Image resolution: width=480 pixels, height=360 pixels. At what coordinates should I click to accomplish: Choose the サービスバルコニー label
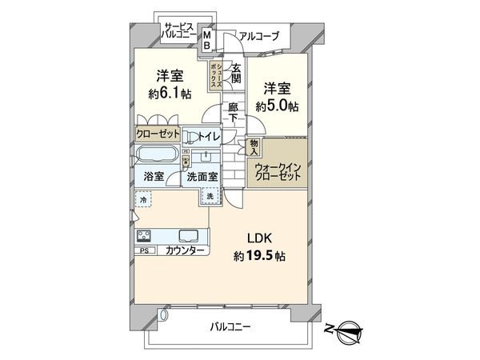point(180,30)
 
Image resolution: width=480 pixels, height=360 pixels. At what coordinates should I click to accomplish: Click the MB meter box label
point(206,39)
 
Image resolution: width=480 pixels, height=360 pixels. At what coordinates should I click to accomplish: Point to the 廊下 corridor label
point(233,113)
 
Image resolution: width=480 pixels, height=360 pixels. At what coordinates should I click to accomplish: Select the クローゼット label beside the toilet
point(158,134)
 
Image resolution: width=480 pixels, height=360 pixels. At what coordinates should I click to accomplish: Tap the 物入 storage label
point(254,146)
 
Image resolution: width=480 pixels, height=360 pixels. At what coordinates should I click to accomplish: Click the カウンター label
point(186,250)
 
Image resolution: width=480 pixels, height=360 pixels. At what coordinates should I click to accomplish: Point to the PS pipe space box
point(144,250)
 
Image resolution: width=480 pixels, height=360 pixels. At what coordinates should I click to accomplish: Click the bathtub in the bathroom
point(158,156)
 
